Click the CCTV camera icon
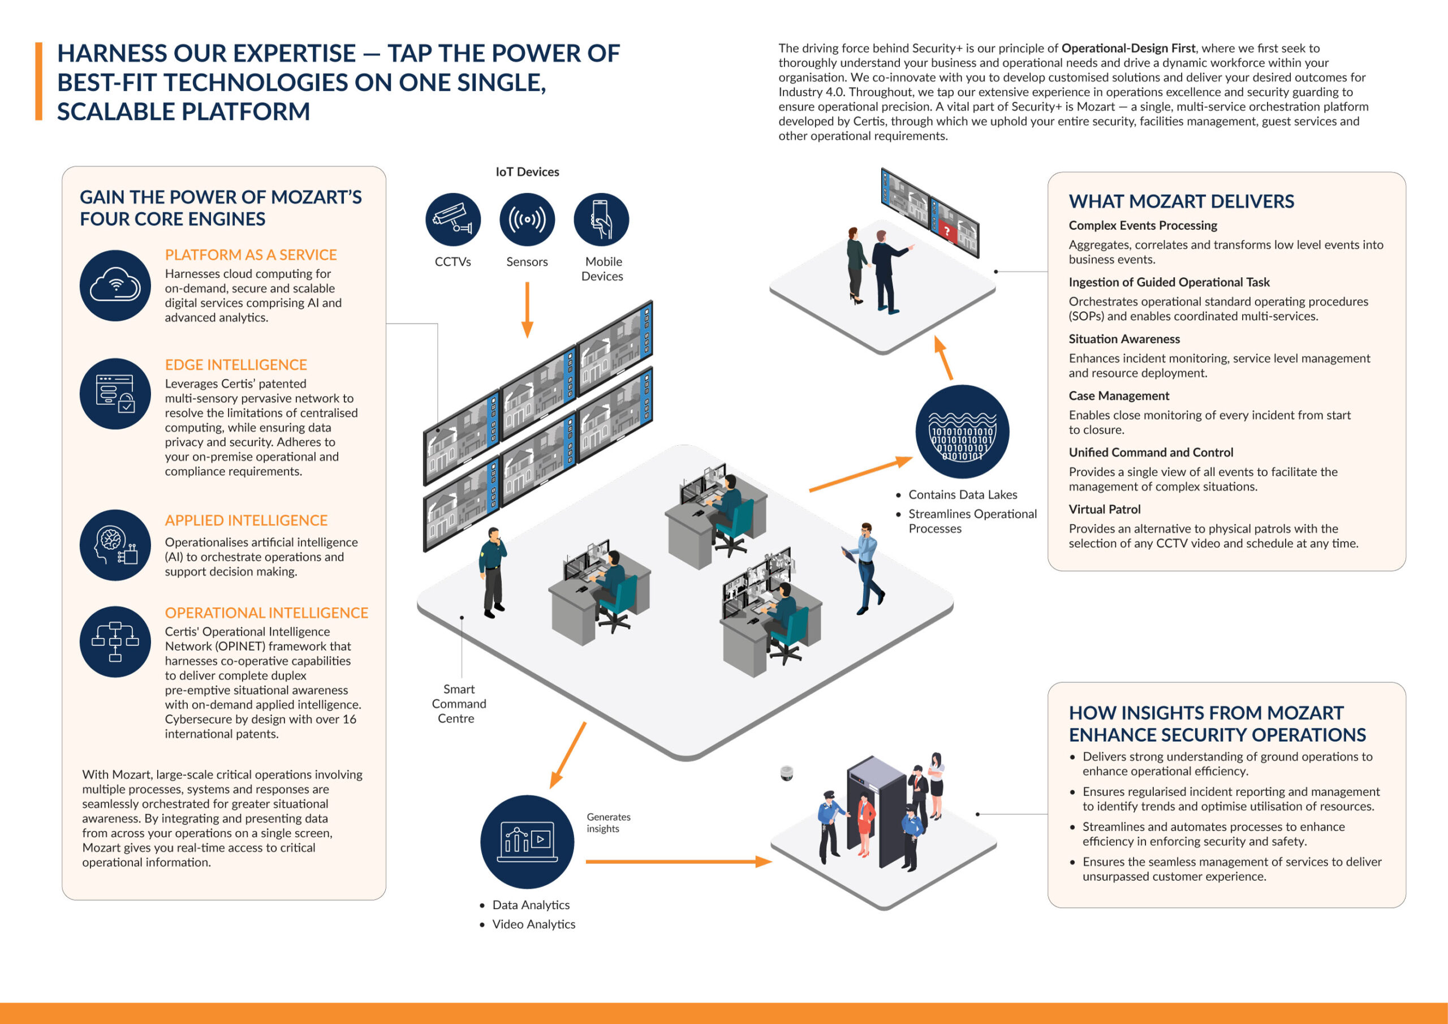click(453, 220)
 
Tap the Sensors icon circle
click(527, 220)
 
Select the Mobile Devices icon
click(601, 220)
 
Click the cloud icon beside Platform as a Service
click(115, 286)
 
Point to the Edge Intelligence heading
click(236, 365)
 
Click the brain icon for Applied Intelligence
click(115, 545)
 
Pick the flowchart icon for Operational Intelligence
click(115, 642)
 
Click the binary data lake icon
click(962, 432)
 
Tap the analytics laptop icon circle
click(527, 842)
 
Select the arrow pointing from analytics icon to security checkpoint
click(678, 861)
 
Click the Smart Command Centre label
click(459, 703)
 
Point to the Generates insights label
click(608, 823)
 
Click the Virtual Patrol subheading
click(1104, 509)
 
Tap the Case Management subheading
click(1118, 395)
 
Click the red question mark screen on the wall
click(946, 231)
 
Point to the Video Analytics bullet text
click(533, 924)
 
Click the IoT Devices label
click(527, 171)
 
